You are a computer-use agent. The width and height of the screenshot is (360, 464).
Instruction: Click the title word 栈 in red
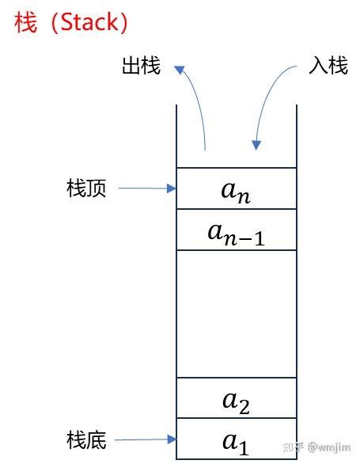click(25, 23)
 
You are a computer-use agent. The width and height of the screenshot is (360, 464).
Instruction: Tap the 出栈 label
click(141, 66)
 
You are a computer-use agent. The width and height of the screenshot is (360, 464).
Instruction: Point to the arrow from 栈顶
click(146, 188)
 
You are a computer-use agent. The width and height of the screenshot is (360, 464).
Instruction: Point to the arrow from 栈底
click(146, 439)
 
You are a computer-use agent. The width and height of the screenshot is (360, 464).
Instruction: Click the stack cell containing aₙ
click(236, 188)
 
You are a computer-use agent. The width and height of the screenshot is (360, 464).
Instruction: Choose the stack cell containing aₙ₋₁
click(236, 230)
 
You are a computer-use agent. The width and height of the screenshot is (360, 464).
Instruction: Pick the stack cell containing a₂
click(236, 398)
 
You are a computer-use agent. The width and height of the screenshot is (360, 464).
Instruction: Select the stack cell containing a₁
click(236, 439)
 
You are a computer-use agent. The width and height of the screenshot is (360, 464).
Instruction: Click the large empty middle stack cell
click(236, 314)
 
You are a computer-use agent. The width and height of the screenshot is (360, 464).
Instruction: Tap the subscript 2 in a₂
click(244, 407)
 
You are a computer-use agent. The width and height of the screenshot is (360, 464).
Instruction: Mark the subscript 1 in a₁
click(243, 448)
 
